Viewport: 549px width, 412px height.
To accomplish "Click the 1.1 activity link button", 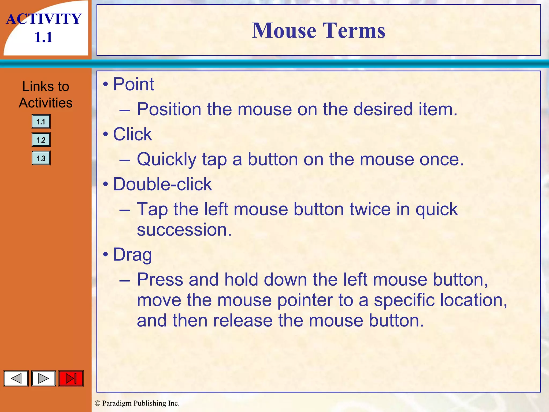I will (x=41, y=122).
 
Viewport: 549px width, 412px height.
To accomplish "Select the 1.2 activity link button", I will (x=41, y=140).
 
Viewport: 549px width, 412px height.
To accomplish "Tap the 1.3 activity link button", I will (x=41, y=158).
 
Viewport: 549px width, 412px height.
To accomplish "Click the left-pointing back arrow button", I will (x=16, y=378).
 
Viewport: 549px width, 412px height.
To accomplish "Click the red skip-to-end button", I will (x=71, y=378).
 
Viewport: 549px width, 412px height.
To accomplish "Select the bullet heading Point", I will (x=133, y=84).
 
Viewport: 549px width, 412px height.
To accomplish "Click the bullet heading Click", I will (x=132, y=134).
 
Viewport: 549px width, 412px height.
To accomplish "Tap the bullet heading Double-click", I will (x=162, y=184).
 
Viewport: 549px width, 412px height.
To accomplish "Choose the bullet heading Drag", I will (x=132, y=255).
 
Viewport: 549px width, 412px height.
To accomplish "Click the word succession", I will (x=184, y=230).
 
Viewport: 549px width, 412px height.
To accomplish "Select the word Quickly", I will (x=167, y=160).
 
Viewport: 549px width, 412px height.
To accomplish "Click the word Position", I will (x=169, y=109).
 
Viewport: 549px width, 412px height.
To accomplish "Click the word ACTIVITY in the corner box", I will (x=44, y=19).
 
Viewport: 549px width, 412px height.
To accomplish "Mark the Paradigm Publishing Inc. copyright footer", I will (x=137, y=403).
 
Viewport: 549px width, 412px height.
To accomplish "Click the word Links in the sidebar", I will (x=34, y=86).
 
